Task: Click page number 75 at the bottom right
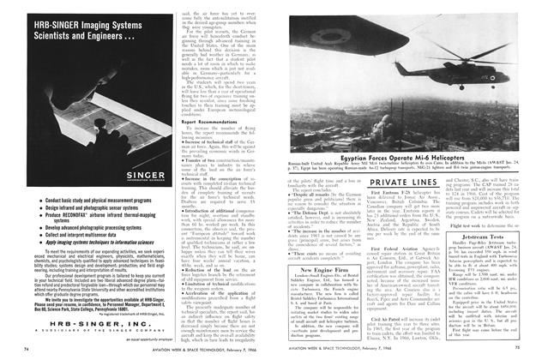pos(521,349)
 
